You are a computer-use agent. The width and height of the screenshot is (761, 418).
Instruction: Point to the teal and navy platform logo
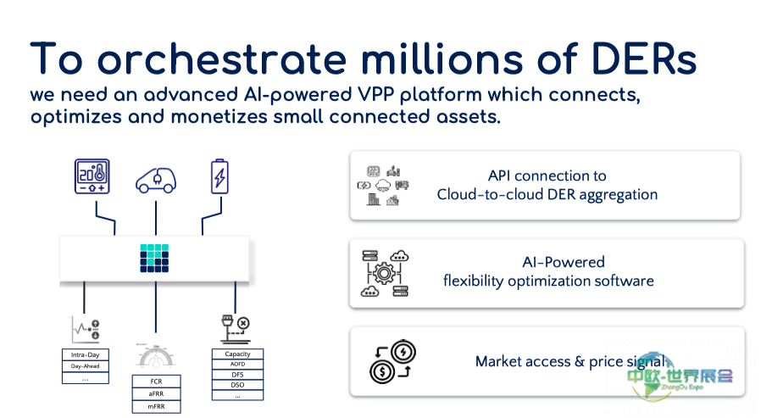pos(155,258)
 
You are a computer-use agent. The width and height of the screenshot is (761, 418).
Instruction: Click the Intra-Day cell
pos(86,354)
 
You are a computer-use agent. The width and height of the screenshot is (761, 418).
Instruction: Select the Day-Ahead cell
pos(86,366)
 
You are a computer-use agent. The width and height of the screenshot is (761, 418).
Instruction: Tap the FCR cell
pos(156,381)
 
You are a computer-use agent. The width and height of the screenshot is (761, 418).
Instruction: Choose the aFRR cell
pos(156,393)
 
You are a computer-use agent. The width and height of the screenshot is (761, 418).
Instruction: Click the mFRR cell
pos(156,406)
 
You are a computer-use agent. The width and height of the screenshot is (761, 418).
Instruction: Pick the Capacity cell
pos(237,354)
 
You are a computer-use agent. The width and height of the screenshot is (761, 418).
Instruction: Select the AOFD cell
pos(237,364)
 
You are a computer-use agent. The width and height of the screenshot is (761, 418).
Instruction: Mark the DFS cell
pos(237,374)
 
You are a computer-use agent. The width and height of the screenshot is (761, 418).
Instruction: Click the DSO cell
pos(237,384)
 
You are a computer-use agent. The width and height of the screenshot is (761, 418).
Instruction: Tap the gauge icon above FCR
pos(155,355)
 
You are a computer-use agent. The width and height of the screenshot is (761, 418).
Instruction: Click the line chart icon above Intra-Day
pos(86,329)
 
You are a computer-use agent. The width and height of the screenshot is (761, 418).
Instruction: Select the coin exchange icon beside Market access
pos(392,362)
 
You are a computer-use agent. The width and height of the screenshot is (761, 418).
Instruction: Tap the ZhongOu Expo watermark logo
pos(679,376)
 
